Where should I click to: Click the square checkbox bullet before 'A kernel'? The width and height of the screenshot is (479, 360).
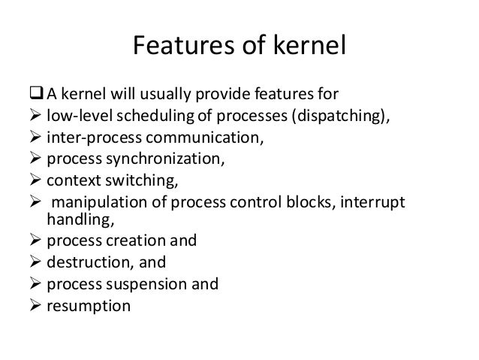click(x=38, y=95)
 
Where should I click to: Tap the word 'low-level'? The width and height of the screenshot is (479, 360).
click(x=75, y=116)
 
